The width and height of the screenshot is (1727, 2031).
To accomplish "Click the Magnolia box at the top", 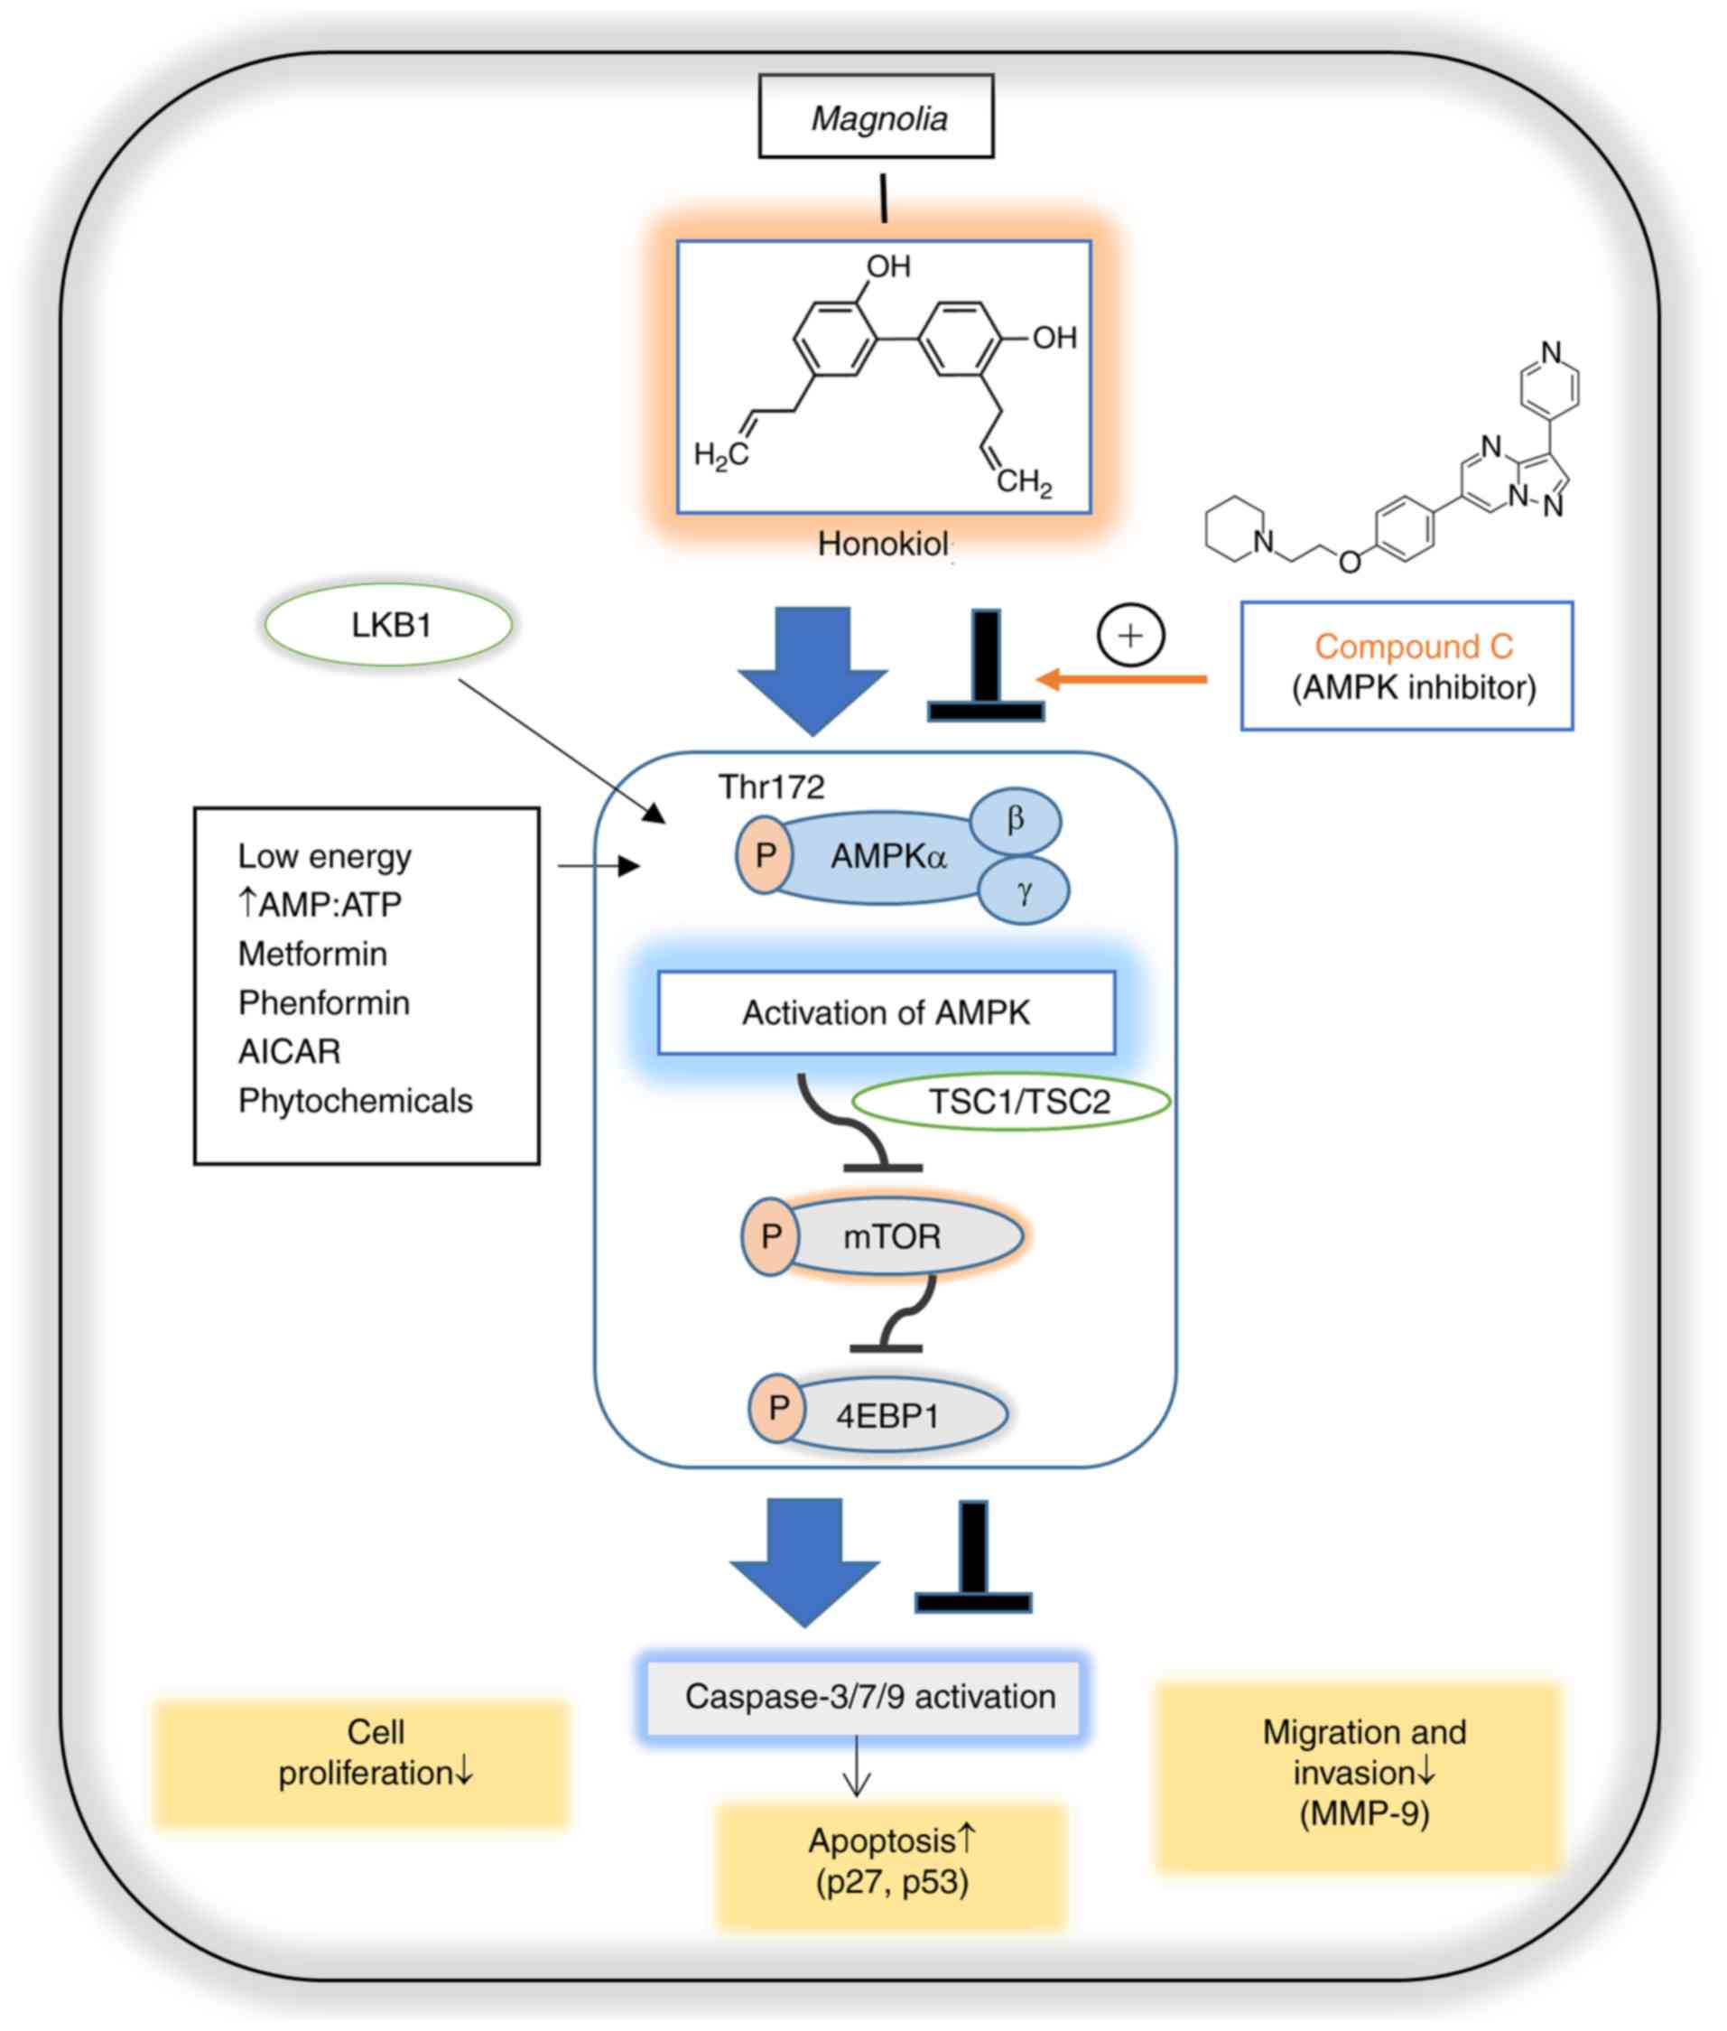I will [877, 116].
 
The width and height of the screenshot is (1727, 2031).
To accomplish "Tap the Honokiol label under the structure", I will [882, 544].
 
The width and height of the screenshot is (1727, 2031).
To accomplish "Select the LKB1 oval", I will [389, 625].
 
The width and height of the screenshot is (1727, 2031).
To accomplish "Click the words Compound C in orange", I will [1413, 647].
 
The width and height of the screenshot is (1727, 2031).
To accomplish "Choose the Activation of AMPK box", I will [885, 1012].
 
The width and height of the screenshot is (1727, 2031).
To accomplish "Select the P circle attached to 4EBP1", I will [777, 1409].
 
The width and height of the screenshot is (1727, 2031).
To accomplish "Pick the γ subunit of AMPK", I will [1024, 891].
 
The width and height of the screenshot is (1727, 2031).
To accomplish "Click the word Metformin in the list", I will [312, 954].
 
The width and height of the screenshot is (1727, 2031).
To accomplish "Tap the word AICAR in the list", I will [289, 1052].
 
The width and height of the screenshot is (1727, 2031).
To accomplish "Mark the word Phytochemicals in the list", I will [355, 1101].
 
